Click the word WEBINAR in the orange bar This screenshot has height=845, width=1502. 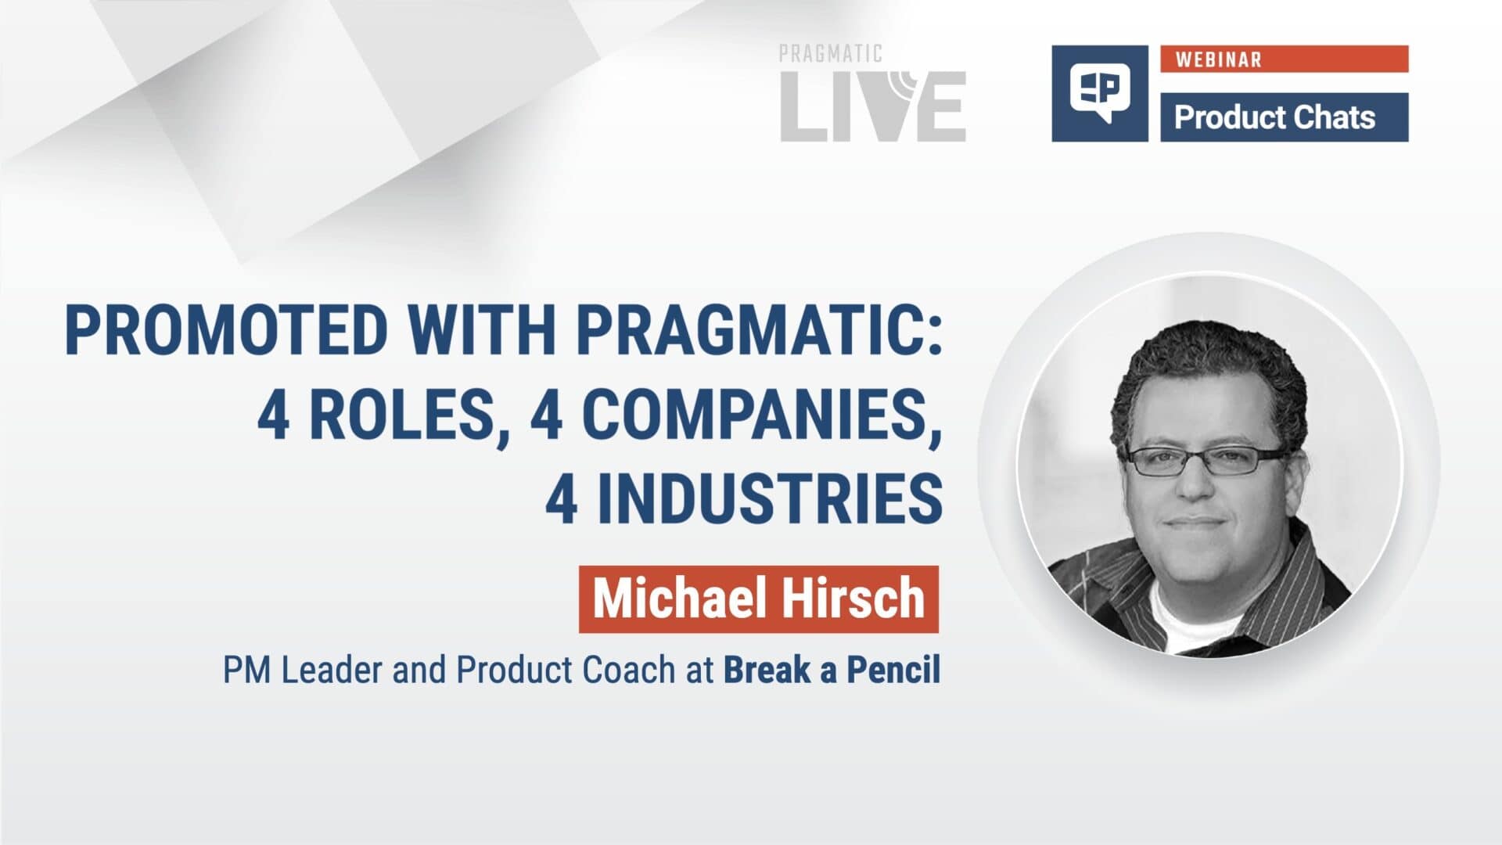pos(1218,59)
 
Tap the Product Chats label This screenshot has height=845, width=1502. pos(1274,117)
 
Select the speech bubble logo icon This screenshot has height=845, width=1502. pos(1099,93)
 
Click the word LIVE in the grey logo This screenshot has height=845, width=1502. pos(872,107)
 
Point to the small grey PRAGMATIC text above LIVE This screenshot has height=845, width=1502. pos(830,54)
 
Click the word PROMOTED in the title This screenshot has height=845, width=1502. pos(226,330)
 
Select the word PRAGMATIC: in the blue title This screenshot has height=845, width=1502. pos(760,330)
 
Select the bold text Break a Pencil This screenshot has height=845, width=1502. pos(832,671)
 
